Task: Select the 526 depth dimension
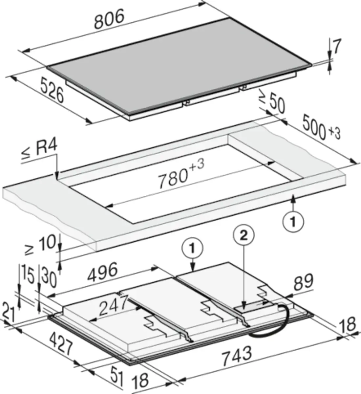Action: tap(53, 90)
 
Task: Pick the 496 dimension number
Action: tap(102, 272)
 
